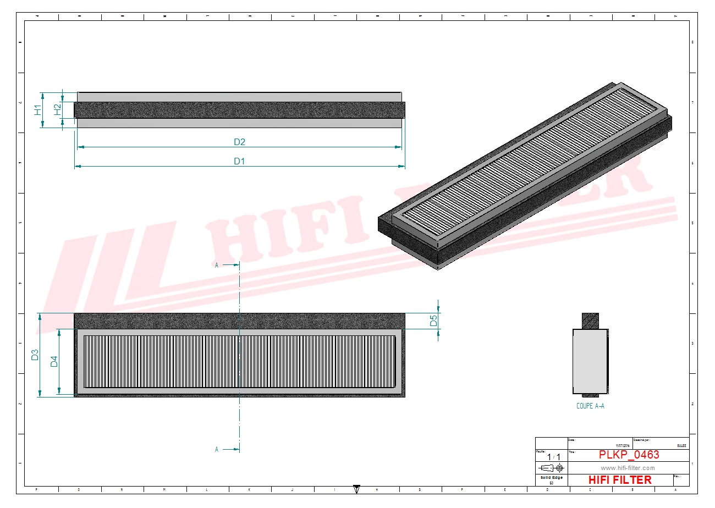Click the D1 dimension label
click(x=239, y=161)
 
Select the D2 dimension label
click(x=239, y=142)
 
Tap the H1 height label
click(x=37, y=109)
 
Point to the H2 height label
click(x=58, y=109)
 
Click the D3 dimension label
click(x=35, y=355)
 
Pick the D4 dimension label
click(x=54, y=362)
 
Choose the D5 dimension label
click(x=433, y=320)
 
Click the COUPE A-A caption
click(x=590, y=406)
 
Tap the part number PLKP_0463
click(x=628, y=455)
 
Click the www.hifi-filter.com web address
click(x=628, y=468)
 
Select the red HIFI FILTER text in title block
click(x=620, y=480)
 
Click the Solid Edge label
click(x=551, y=478)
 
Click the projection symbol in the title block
click(x=551, y=468)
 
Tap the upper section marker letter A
click(x=217, y=265)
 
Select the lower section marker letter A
click(x=217, y=449)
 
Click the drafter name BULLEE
click(x=681, y=446)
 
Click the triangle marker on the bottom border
click(x=356, y=488)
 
